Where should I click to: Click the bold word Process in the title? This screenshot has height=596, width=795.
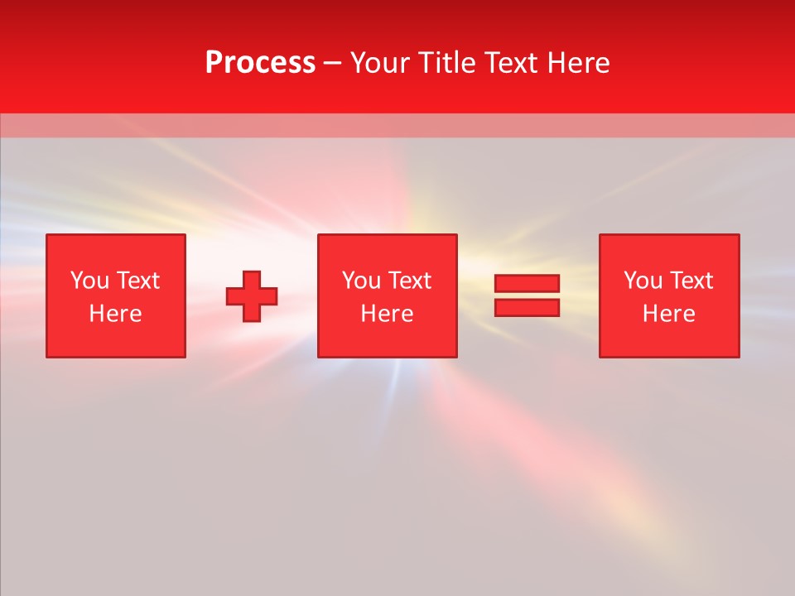pyautogui.click(x=260, y=63)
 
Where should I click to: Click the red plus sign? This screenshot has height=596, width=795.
pyautogui.click(x=252, y=296)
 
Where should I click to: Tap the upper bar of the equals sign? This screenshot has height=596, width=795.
pyautogui.click(x=527, y=283)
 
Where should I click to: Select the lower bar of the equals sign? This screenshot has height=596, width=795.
pyautogui.click(x=527, y=307)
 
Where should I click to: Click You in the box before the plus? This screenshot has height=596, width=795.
pyautogui.click(x=89, y=281)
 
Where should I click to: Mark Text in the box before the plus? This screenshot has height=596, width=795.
pyautogui.click(x=137, y=281)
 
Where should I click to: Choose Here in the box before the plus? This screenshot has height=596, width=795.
pyautogui.click(x=115, y=314)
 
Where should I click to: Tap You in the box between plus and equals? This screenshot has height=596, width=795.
pyautogui.click(x=361, y=281)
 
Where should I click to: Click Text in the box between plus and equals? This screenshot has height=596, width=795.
pyautogui.click(x=409, y=281)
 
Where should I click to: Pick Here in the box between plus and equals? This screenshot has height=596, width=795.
pyautogui.click(x=387, y=314)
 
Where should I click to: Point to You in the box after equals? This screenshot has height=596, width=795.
pyautogui.click(x=643, y=281)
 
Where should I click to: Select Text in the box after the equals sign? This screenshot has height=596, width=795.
pyautogui.click(x=691, y=281)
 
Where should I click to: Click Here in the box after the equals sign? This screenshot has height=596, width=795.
pyautogui.click(x=668, y=314)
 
